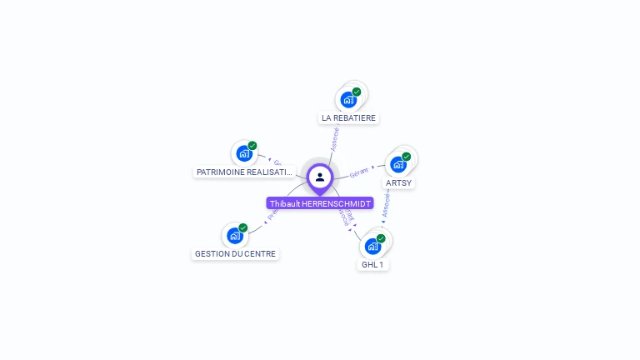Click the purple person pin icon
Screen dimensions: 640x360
coord(320,177)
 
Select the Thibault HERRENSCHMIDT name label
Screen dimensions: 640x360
coord(320,203)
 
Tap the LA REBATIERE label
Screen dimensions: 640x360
coord(349,118)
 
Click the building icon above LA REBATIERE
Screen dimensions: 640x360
coord(348,100)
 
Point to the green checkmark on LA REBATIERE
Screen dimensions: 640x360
coord(357,92)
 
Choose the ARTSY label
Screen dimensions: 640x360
coord(398,182)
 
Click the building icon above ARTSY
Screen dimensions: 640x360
coord(398,164)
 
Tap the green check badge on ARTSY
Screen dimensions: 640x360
coord(407,156)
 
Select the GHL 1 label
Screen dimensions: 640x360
coord(372,265)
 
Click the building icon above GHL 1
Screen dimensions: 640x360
coord(372,247)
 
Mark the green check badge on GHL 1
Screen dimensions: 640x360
coord(381,238)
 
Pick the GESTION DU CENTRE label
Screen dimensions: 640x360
coord(235,254)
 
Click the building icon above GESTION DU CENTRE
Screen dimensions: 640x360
coord(235,236)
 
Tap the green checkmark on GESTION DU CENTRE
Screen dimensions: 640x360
coord(243,227)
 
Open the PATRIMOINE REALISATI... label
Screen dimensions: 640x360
coord(244,172)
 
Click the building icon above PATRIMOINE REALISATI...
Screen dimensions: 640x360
coord(243,153)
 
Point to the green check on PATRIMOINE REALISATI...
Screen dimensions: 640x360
coord(252,146)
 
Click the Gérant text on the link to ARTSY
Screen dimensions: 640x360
coord(359,172)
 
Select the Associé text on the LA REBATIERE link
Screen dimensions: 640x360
coord(335,137)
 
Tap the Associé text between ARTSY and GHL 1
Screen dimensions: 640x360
coord(386,207)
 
